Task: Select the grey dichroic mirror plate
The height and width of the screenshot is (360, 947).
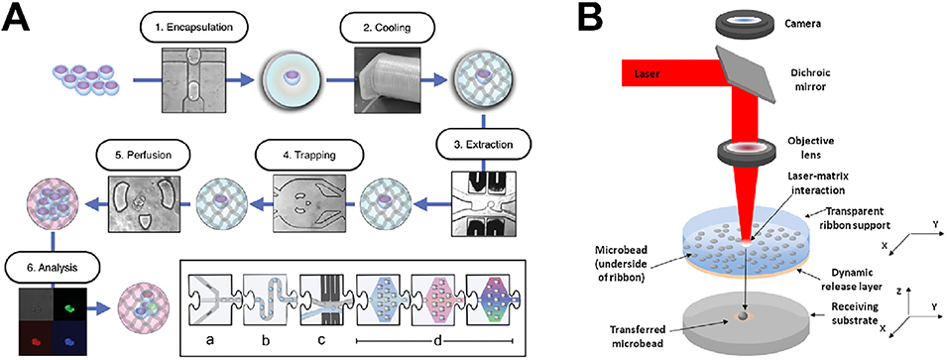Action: pyautogui.click(x=746, y=76)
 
